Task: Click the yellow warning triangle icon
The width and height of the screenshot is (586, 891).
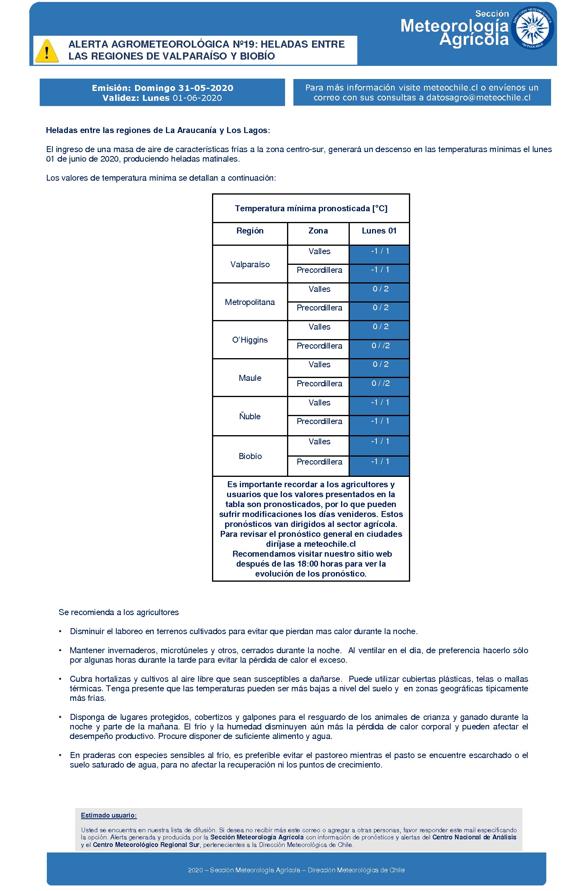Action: tap(47, 51)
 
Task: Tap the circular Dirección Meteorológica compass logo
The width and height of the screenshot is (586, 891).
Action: tap(532, 29)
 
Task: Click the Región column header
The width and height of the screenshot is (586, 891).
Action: tap(250, 231)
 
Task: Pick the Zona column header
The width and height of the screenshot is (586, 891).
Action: tap(318, 231)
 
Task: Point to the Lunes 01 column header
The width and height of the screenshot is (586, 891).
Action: tap(379, 231)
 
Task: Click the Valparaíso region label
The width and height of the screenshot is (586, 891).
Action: tap(250, 264)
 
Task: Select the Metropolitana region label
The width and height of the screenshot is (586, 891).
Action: tap(250, 302)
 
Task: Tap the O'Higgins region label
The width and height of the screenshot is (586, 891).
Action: tap(250, 340)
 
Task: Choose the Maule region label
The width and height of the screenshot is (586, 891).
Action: tap(250, 378)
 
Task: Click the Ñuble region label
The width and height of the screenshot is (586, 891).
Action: tap(250, 417)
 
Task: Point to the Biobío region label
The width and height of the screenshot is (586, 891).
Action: tap(250, 456)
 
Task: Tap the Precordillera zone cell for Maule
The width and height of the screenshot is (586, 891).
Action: tap(319, 384)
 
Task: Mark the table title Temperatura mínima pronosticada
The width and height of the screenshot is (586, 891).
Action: tap(311, 208)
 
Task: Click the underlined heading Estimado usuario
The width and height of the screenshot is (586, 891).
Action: tap(109, 815)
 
